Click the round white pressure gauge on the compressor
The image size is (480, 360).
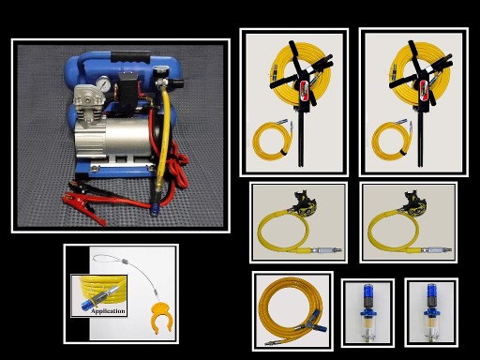click(98, 94)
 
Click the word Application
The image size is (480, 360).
click(109, 309)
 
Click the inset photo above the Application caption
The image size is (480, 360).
click(98, 289)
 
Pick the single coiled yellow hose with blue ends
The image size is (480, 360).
click(292, 309)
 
